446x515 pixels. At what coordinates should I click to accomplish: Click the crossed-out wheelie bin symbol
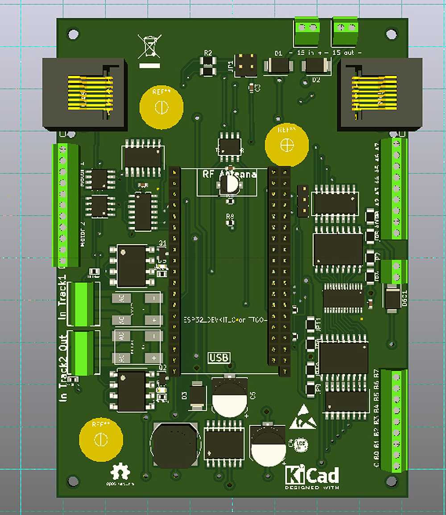pos(150,47)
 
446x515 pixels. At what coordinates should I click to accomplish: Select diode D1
pos(278,66)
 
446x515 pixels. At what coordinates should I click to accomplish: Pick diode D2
pos(316,67)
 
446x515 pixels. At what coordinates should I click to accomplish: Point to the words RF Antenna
pos(229,174)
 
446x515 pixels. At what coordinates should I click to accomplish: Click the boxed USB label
pos(219,357)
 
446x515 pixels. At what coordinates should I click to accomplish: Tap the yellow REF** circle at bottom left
pos(100,440)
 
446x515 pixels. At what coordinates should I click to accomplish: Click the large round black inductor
pos(174,445)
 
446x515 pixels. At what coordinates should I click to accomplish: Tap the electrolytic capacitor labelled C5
pos(230,396)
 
